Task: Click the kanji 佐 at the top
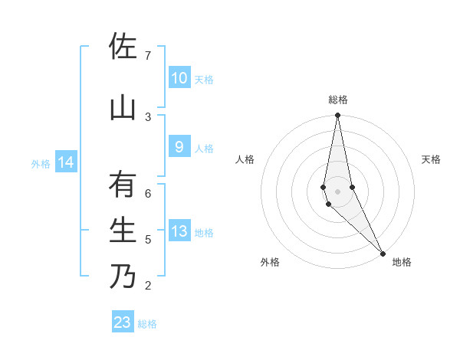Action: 123,48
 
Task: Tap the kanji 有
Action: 123,186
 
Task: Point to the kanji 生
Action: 123,230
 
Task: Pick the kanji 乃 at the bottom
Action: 123,276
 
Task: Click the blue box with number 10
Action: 179,78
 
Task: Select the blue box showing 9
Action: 179,148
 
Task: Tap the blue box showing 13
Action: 179,232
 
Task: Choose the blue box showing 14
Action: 66,162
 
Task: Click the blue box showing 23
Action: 123,322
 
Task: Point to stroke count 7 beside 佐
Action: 147,56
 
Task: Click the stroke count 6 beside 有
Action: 147,194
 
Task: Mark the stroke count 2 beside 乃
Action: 147,286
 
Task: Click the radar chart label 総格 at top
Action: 338,100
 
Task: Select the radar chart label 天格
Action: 431,159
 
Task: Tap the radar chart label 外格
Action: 270,262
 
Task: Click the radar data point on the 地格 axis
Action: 383,253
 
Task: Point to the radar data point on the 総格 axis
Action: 337,116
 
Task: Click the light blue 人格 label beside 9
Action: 204,149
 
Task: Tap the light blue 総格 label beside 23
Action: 147,324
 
